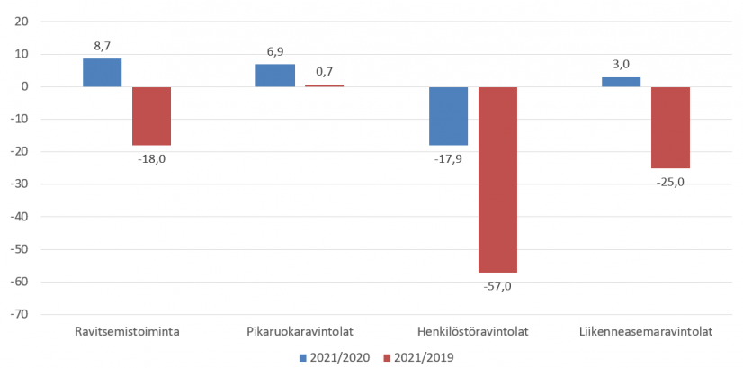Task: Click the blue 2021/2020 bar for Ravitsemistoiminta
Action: tap(102, 73)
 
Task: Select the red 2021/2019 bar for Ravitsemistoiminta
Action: tap(151, 116)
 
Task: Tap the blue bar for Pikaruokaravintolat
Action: tap(274, 76)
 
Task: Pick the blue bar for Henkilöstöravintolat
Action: tap(448, 116)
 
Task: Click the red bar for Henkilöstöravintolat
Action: tap(497, 180)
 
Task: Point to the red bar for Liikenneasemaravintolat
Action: tap(670, 128)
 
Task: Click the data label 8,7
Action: tap(102, 44)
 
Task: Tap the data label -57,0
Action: tap(497, 286)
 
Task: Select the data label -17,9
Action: tap(448, 159)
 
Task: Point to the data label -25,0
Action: tap(670, 183)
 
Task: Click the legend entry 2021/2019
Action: tap(418, 357)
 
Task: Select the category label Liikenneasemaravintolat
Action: tap(648, 331)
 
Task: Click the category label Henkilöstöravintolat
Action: tap(473, 331)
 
